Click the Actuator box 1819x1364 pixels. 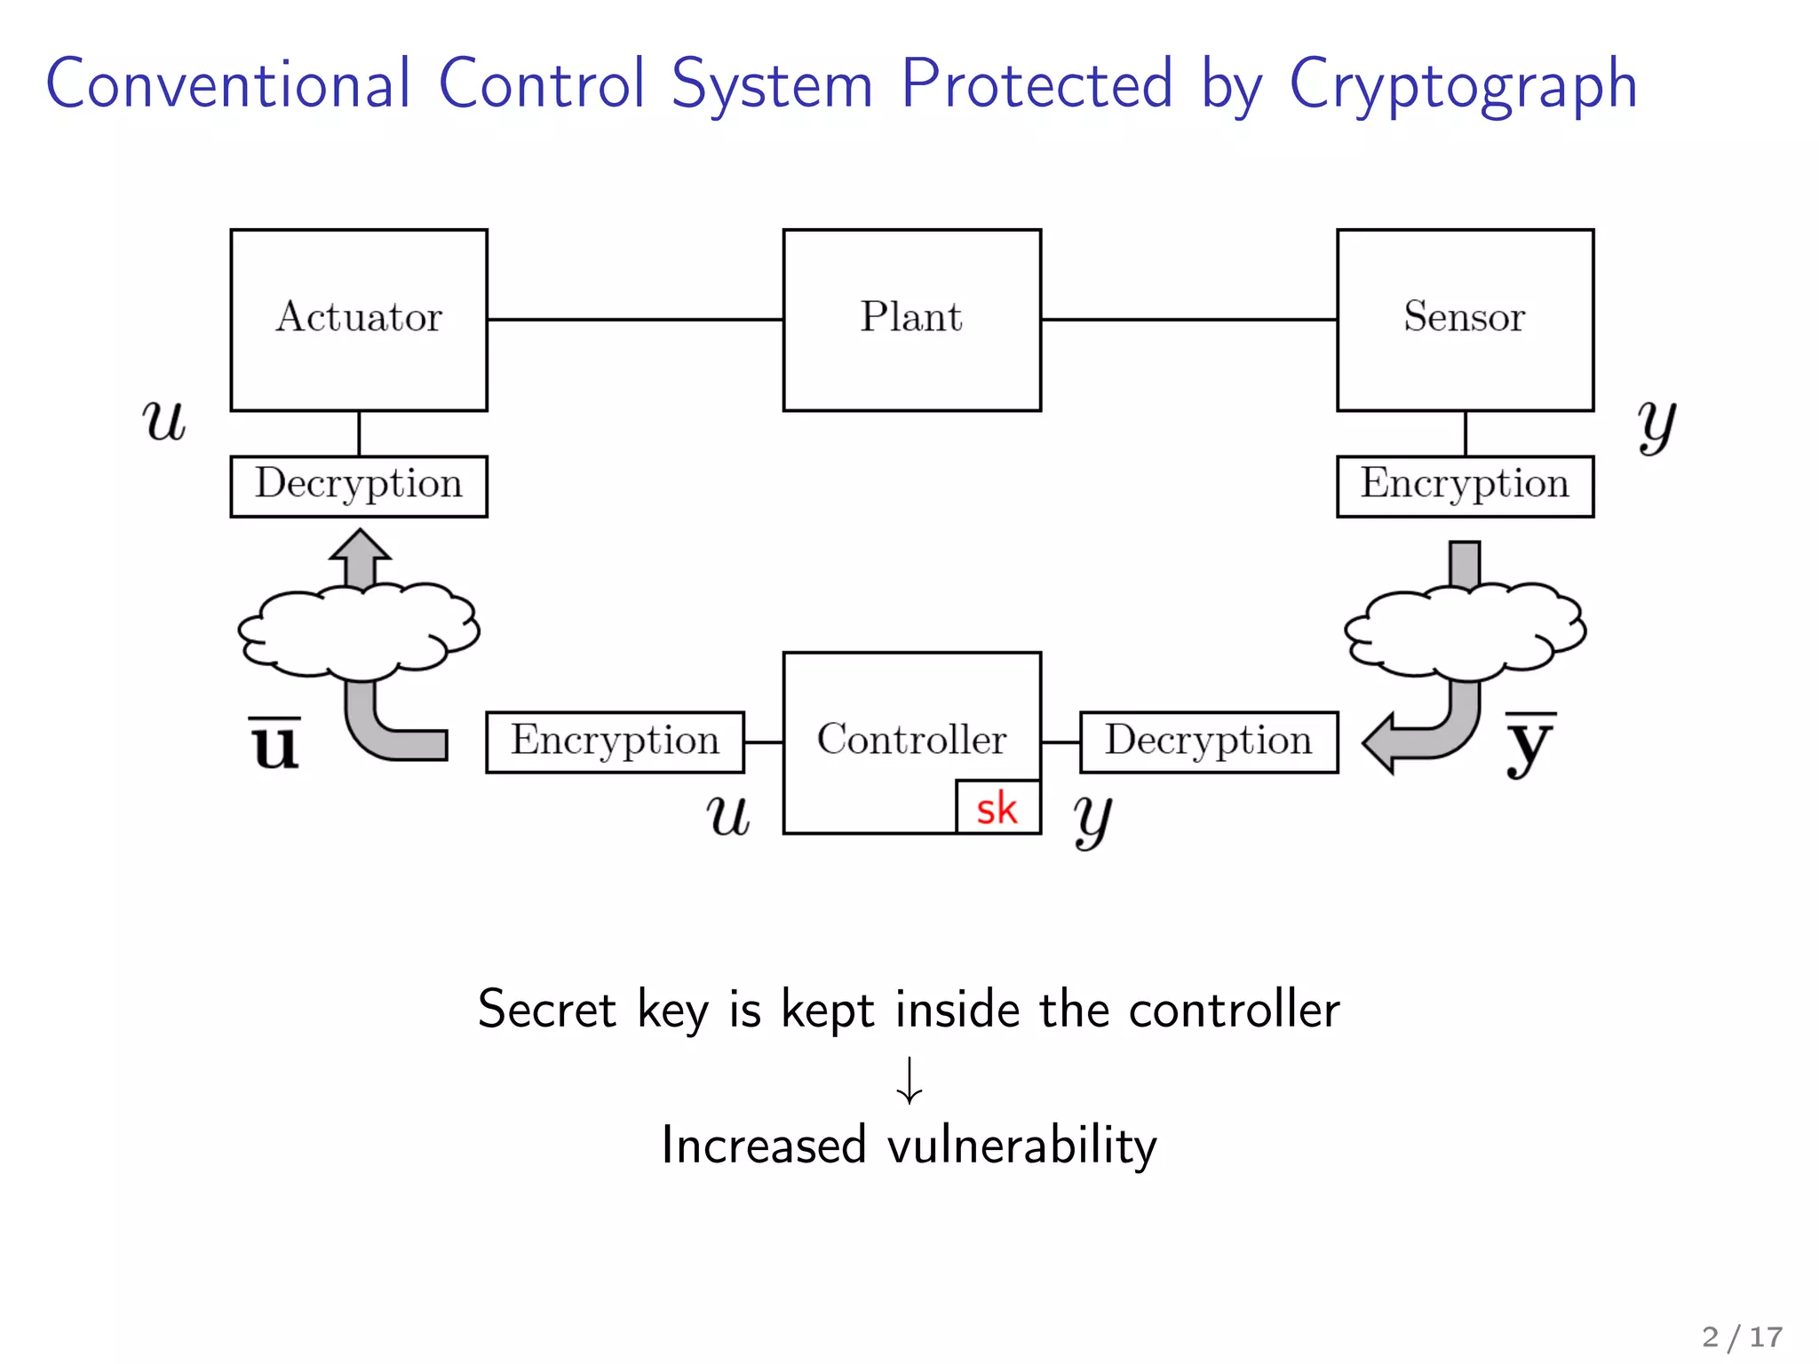pos(359,320)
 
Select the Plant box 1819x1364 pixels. pos(911,320)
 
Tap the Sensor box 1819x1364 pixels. pos(1465,320)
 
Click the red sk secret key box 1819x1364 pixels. pos(997,808)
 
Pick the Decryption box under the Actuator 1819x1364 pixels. pos(359,486)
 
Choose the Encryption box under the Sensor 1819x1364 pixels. pos(1465,486)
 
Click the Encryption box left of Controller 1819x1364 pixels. pos(615,741)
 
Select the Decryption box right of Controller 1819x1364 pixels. pos(1208,741)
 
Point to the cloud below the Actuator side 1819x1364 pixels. pos(359,630)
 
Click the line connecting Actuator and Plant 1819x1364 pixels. pos(635,319)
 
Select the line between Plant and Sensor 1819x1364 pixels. pos(1188,319)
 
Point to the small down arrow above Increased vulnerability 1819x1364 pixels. pos(909,1080)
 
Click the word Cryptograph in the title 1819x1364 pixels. pos(1463,85)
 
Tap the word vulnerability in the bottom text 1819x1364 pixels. pos(1022,1146)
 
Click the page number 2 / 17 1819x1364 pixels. pos(1742,1336)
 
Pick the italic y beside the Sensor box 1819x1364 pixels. pos(1656,424)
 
